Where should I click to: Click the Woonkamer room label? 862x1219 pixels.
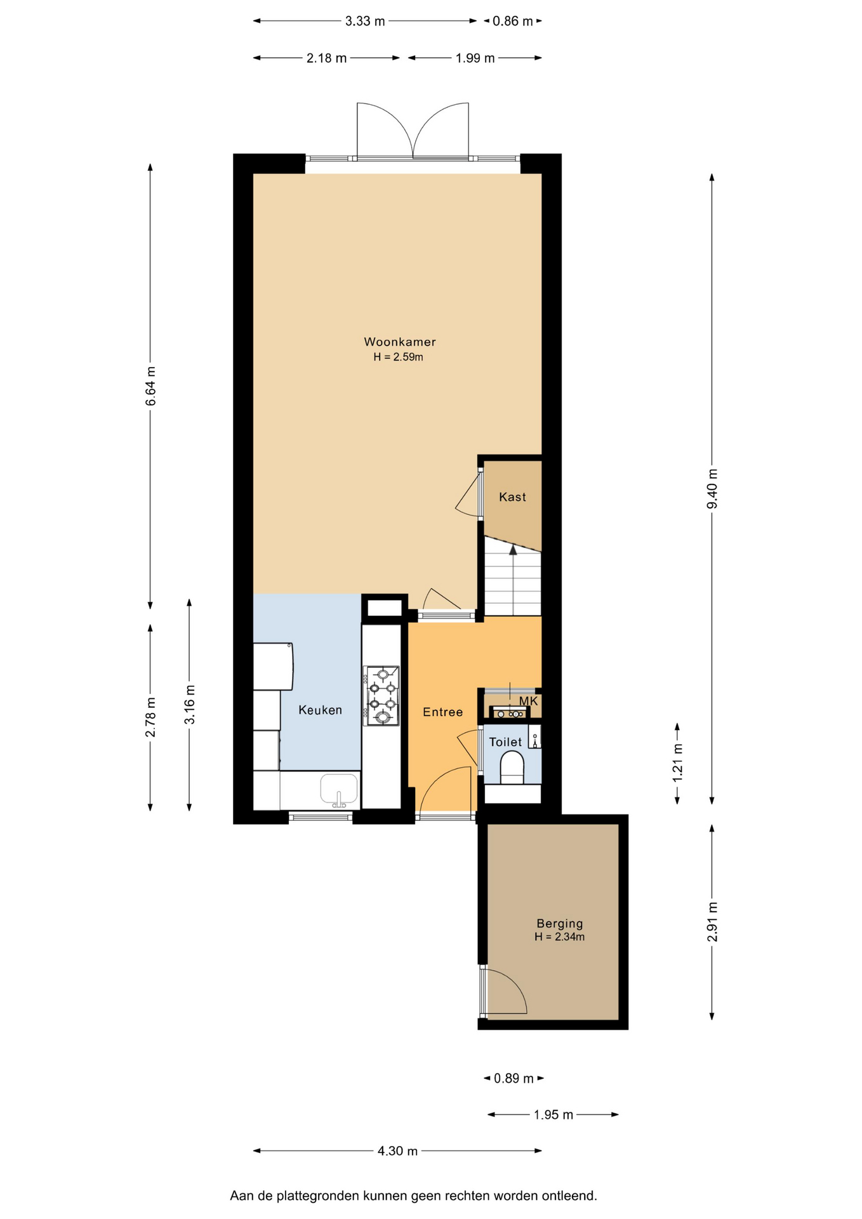[x=399, y=342]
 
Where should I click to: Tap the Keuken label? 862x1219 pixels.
[x=320, y=710]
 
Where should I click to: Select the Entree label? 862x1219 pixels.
[x=442, y=712]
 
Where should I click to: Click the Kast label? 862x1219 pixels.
[x=512, y=497]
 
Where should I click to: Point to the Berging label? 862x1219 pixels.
[x=559, y=924]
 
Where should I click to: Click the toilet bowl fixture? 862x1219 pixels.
[x=512, y=767]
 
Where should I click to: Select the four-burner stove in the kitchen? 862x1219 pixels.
[x=381, y=696]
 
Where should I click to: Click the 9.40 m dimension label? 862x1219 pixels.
[x=712, y=489]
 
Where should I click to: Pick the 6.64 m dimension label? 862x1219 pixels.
[x=150, y=386]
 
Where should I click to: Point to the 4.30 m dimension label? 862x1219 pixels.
[x=397, y=1150]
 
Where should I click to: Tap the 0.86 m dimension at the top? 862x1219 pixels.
[x=513, y=21]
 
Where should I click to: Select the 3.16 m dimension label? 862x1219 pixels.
[x=189, y=705]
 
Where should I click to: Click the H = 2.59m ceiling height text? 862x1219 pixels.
[x=398, y=357]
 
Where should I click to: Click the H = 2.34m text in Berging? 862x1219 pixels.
[x=559, y=936]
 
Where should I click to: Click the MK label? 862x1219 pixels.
[x=528, y=701]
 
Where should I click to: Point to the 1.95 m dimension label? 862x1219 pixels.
[x=554, y=1114]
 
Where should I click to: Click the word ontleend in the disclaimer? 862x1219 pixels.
[x=569, y=1196]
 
